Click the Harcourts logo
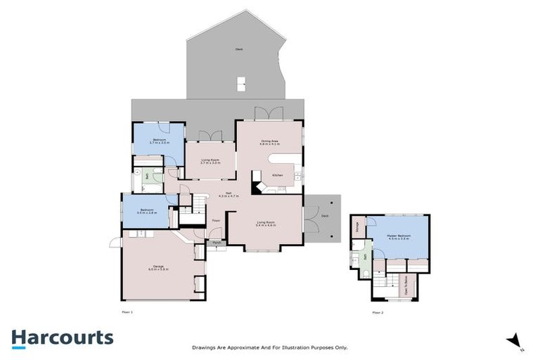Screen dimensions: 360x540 (62, 338)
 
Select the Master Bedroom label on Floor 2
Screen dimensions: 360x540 (399, 236)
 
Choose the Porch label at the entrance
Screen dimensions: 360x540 (215, 243)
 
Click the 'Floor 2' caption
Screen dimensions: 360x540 (378, 311)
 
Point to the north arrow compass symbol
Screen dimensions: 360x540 (514, 340)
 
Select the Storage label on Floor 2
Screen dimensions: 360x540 (357, 226)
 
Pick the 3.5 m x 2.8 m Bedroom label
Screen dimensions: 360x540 (147, 211)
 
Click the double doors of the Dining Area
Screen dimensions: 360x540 (269, 112)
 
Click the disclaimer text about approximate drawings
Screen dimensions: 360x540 (270, 347)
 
